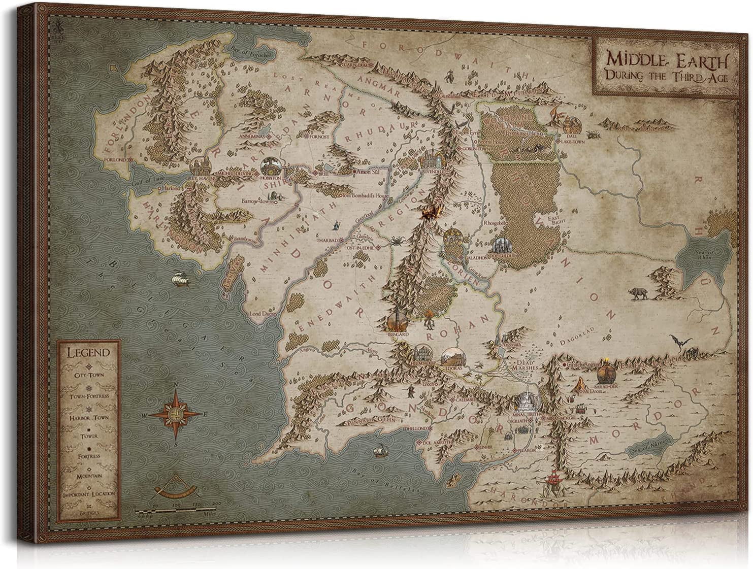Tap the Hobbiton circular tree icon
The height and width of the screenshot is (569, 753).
coord(269,165)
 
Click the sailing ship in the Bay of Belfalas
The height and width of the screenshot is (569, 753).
coord(378,451)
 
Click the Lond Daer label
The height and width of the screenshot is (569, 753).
coord(261,315)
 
